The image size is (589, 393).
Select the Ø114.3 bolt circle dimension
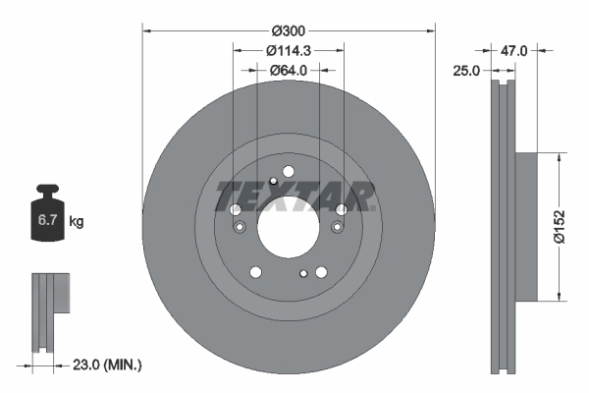click(x=288, y=50)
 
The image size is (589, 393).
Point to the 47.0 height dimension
click(x=515, y=50)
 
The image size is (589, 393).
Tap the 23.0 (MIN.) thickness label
click(x=109, y=365)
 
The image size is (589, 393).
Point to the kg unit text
click(x=77, y=222)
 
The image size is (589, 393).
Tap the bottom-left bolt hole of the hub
click(x=255, y=272)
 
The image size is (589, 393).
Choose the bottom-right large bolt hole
click(x=321, y=272)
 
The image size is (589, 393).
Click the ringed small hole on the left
click(x=240, y=228)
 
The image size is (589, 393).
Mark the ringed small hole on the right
click(x=337, y=228)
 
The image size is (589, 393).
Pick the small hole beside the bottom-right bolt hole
click(x=303, y=273)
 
